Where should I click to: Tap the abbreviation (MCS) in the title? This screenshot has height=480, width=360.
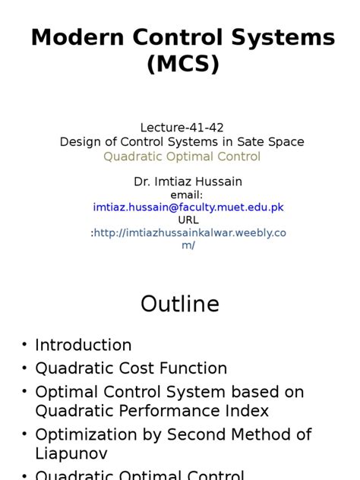pos(182,65)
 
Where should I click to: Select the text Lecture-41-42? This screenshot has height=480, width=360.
pos(182,127)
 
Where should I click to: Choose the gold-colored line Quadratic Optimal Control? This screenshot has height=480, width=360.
pos(182,156)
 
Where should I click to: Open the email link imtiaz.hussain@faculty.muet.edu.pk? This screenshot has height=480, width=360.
pos(188,207)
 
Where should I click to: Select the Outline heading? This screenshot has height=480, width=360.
pos(180,305)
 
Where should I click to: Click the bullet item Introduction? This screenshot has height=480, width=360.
pos(84,345)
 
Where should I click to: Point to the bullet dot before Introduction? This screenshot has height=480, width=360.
pos(24,346)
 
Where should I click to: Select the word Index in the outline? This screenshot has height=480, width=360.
pos(247,410)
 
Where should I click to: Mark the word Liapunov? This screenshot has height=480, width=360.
pos(71,453)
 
